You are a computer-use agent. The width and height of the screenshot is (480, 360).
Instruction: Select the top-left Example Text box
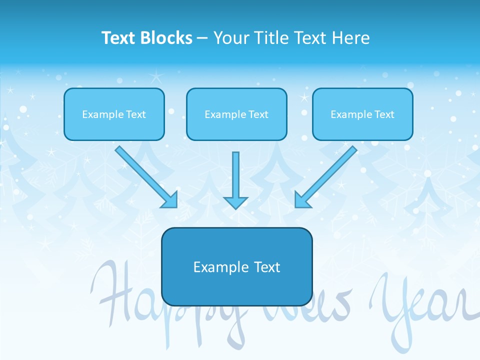(x=114, y=114)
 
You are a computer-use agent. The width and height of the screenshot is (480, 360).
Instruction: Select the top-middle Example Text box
(x=236, y=114)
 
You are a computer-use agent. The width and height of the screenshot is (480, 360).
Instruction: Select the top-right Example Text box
(x=362, y=114)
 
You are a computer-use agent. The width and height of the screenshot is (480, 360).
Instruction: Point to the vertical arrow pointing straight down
(x=235, y=175)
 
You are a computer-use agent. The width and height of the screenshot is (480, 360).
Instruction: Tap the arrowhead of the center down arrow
(x=235, y=202)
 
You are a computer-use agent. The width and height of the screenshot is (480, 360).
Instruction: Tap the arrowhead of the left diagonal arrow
(x=170, y=200)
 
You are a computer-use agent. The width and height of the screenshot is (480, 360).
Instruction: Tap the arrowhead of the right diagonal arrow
(x=301, y=200)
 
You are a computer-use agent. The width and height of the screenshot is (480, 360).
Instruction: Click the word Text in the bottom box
(x=267, y=267)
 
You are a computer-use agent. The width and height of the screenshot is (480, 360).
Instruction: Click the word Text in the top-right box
(x=384, y=114)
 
